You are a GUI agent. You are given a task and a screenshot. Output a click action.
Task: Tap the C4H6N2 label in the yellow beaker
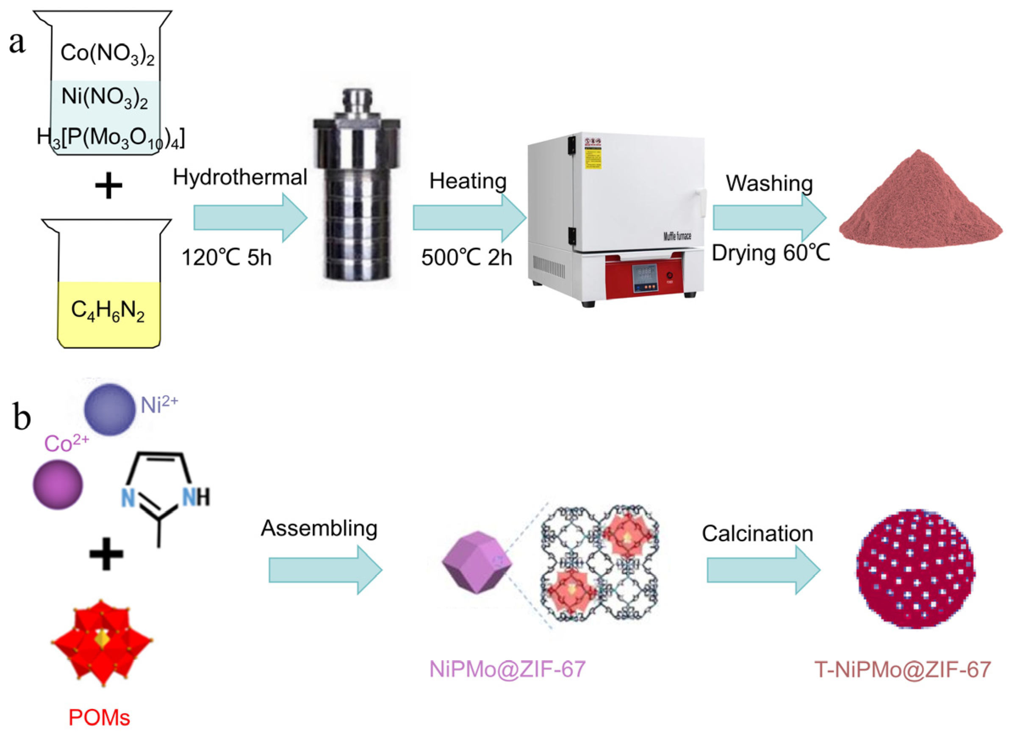pyautogui.click(x=108, y=311)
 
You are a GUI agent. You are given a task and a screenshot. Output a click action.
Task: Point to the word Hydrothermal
pyautogui.click(x=240, y=177)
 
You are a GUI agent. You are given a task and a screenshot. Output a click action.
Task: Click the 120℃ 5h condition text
pyautogui.click(x=227, y=258)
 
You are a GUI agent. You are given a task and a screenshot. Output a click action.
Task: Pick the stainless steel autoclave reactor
pyautogui.click(x=357, y=187)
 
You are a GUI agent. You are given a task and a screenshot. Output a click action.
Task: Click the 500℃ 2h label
pyautogui.click(x=466, y=258)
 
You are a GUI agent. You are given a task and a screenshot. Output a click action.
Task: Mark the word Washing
pyautogui.click(x=769, y=183)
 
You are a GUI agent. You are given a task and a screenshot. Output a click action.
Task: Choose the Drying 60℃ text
pyautogui.click(x=771, y=253)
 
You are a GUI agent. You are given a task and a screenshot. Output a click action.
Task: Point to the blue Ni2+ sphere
pyautogui.click(x=109, y=409)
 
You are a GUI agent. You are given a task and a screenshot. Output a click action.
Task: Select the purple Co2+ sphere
pyautogui.click(x=58, y=485)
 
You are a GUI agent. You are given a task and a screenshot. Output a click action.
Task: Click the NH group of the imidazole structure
pyautogui.click(x=196, y=496)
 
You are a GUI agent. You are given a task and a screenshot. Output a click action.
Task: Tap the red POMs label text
pyautogui.click(x=99, y=718)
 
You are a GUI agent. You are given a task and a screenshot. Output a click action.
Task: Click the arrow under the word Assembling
pyautogui.click(x=325, y=570)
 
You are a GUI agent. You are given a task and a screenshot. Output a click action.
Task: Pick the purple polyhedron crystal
pyautogui.click(x=477, y=562)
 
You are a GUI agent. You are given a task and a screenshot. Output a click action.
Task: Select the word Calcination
pyautogui.click(x=757, y=534)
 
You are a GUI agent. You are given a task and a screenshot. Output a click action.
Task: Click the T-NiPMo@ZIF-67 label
pyautogui.click(x=902, y=670)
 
